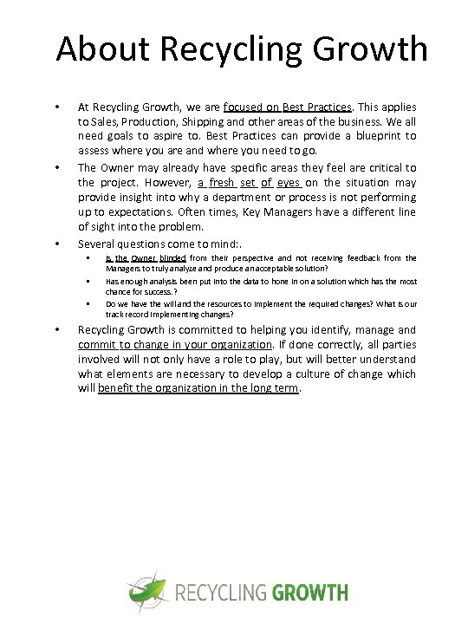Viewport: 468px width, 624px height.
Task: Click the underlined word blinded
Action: pos(172,258)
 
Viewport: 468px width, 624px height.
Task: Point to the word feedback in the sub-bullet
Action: pos(358,258)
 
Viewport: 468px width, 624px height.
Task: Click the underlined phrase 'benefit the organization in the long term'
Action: pos(198,388)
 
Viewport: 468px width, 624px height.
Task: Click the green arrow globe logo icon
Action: pos(147,593)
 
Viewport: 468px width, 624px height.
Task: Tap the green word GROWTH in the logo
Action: pos(310,594)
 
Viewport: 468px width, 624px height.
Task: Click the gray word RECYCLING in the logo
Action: pos(222,594)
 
